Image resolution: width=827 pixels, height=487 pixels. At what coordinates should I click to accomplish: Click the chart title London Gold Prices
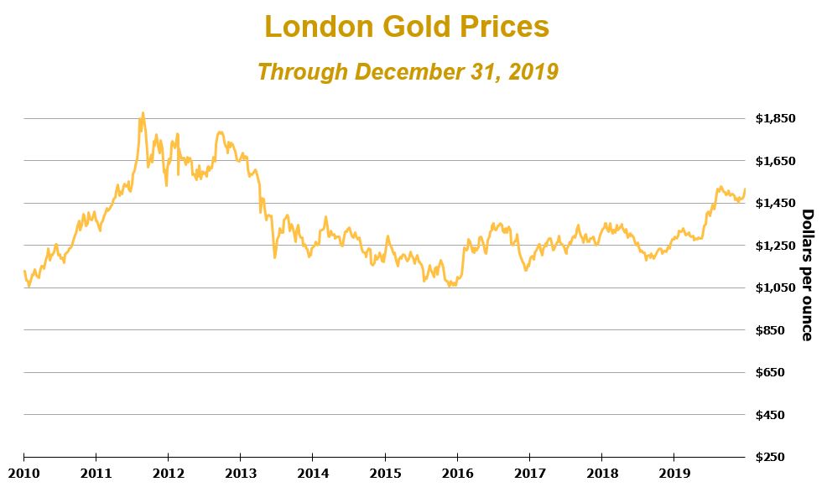[x=407, y=27]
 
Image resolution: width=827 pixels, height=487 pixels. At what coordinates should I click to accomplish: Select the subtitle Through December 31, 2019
[x=408, y=72]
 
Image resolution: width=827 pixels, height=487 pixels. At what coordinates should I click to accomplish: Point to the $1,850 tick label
[x=776, y=118]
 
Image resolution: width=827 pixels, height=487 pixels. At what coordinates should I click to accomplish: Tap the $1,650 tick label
[x=776, y=160]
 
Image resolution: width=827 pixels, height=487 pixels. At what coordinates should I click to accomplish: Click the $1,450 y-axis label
[x=776, y=203]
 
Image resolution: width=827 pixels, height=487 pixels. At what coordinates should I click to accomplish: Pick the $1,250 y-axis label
[x=776, y=246]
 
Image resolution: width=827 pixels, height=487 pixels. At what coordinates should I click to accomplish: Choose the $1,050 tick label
[x=776, y=288]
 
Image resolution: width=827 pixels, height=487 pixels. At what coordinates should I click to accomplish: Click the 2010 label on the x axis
[x=23, y=471]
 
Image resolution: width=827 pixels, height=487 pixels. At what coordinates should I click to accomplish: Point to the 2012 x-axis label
[x=169, y=471]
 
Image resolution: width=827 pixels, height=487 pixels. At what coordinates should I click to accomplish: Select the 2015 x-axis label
[x=385, y=471]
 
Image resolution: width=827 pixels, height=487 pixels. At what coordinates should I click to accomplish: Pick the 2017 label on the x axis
[x=529, y=471]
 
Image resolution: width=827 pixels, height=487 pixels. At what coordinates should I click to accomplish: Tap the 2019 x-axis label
[x=674, y=471]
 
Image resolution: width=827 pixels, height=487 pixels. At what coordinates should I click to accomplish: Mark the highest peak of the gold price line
[x=143, y=112]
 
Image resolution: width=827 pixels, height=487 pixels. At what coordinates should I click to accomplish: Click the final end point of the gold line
[x=745, y=189]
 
